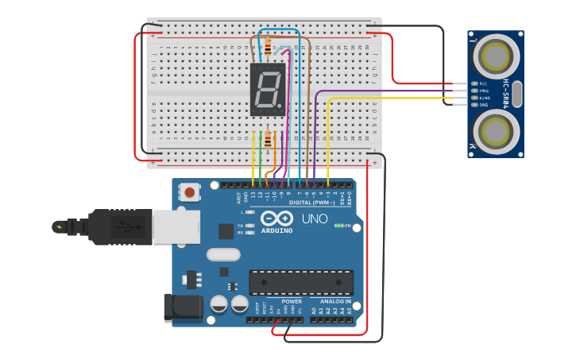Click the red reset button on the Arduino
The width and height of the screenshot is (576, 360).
coord(190,192)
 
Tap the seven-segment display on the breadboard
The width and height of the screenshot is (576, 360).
coord(268,89)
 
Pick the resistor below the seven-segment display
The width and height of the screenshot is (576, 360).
coord(268,141)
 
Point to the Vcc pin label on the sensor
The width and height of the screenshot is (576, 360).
coord(483,83)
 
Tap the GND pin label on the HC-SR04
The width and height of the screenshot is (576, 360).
coord(483,104)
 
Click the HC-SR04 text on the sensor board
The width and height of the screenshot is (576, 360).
coord(506,93)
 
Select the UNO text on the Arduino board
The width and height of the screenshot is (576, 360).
coord(314,219)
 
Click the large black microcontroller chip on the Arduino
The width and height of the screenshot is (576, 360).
coord(301,282)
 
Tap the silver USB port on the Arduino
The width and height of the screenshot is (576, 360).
coord(171,226)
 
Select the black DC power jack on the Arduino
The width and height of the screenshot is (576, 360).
coord(178,308)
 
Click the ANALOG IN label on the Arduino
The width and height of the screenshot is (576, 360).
coord(335,301)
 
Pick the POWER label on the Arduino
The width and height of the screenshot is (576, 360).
coord(292,301)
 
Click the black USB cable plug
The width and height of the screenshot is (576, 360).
coord(119,226)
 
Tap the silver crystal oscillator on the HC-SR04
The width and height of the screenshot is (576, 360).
coord(517,94)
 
